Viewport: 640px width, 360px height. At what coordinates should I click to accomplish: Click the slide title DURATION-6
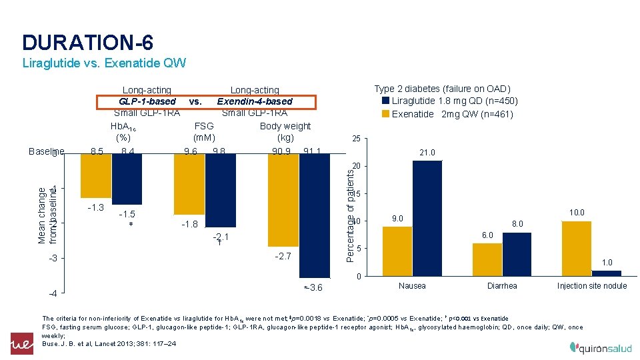click(x=87, y=43)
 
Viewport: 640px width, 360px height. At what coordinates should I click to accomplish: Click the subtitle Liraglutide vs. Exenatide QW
click(x=103, y=64)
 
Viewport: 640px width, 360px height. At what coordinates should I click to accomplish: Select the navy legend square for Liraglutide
click(x=385, y=101)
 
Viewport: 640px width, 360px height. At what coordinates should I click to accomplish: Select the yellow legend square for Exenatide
click(x=385, y=114)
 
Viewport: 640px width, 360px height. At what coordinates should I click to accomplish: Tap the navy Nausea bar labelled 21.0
click(x=427, y=218)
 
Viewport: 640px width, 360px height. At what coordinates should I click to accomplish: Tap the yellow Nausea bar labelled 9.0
click(x=397, y=251)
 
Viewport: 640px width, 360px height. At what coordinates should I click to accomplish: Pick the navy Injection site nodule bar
click(x=606, y=273)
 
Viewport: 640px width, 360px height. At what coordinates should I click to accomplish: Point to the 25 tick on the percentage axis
click(x=356, y=139)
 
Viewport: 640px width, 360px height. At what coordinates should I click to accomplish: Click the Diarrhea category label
click(x=502, y=286)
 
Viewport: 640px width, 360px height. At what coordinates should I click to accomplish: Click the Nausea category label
click(x=412, y=286)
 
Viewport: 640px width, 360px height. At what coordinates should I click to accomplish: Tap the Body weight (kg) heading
click(x=285, y=131)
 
